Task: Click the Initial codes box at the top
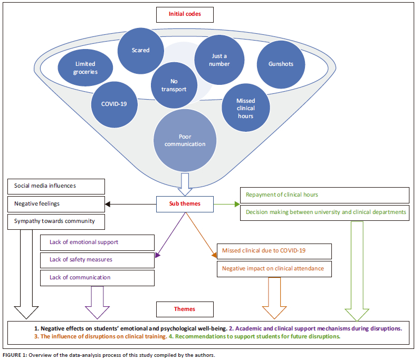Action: (x=185, y=14)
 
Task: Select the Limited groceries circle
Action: (x=85, y=67)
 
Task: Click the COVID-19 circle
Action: (x=114, y=103)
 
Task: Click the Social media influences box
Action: (x=56, y=186)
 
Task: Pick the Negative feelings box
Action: (x=56, y=203)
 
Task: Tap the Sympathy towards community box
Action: (x=56, y=221)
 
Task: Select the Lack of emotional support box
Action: (x=98, y=242)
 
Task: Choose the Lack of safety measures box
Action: (x=98, y=260)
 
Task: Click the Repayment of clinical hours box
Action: (x=324, y=195)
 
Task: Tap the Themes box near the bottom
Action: (x=185, y=309)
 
